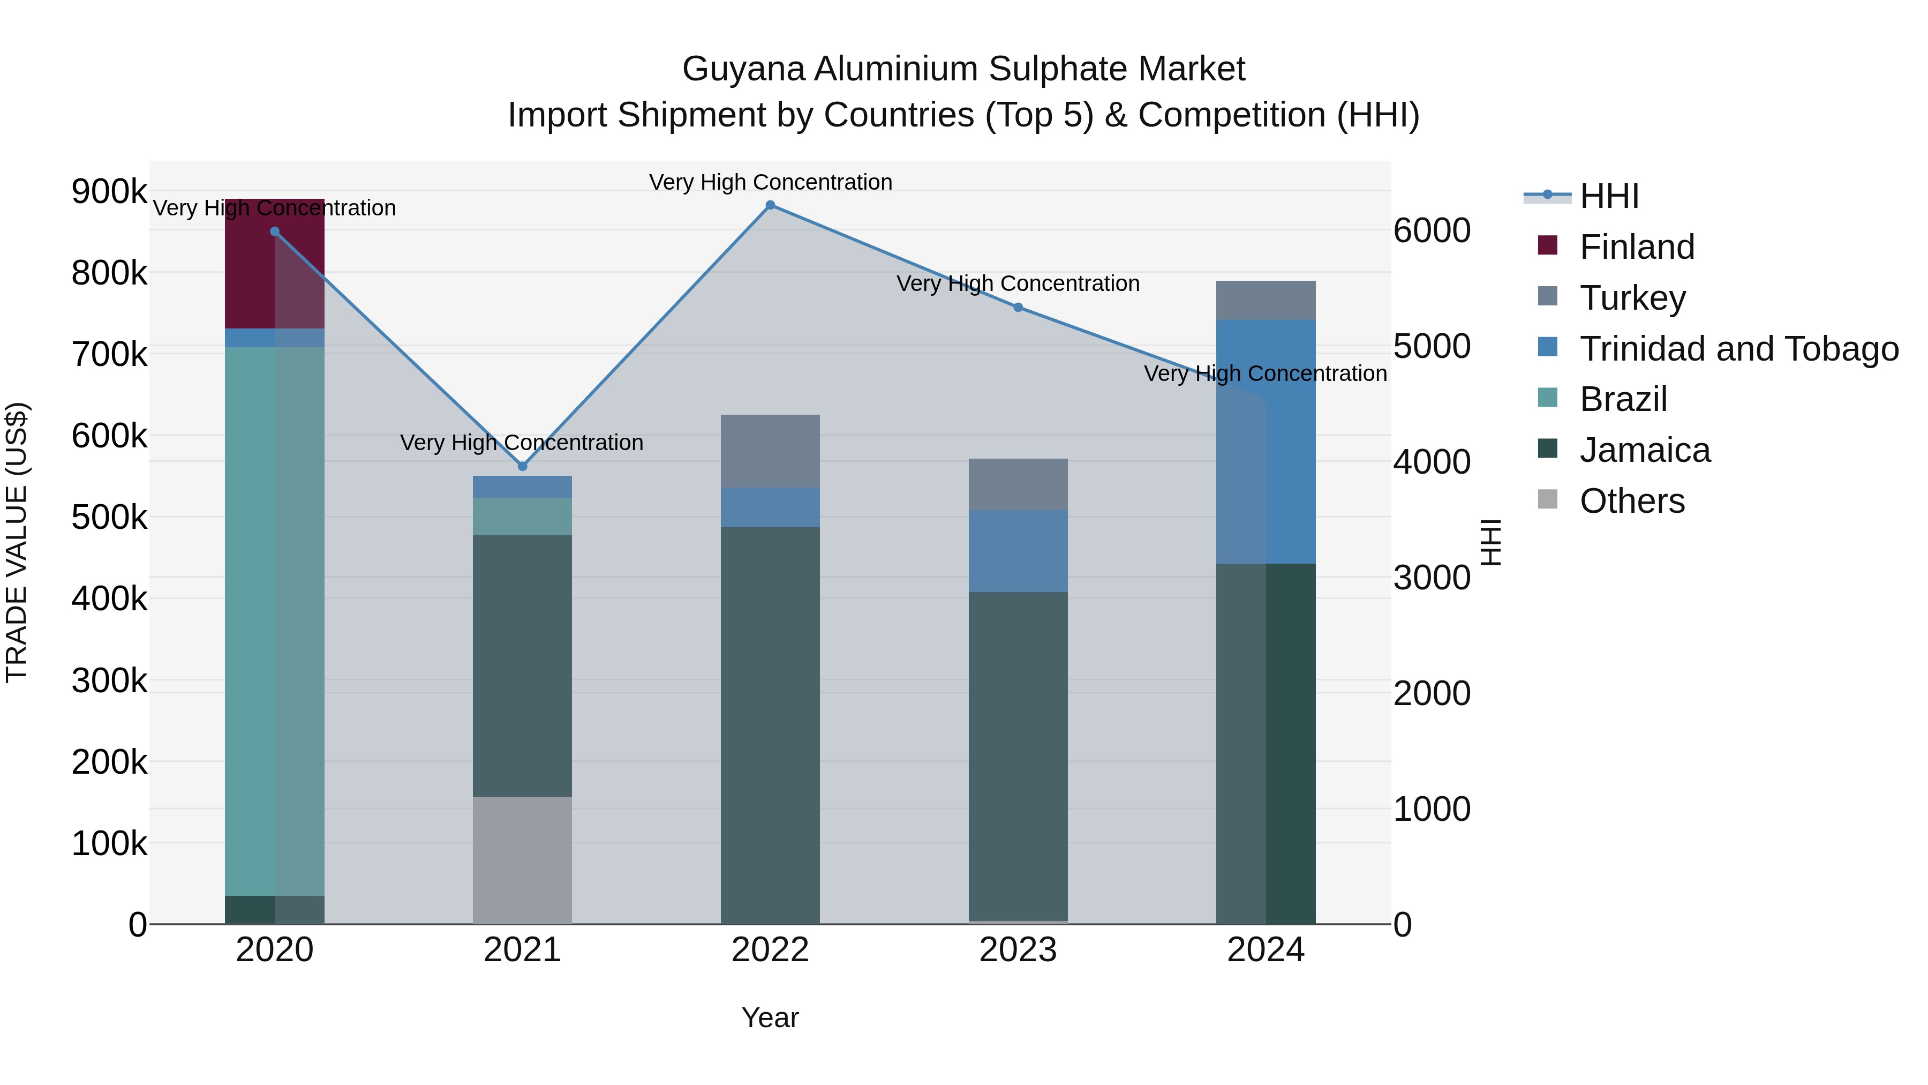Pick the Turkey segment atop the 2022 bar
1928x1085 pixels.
(x=770, y=451)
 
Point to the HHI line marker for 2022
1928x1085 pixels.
(x=770, y=205)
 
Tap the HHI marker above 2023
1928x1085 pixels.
(x=1018, y=308)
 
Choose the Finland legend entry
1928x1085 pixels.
(x=1636, y=247)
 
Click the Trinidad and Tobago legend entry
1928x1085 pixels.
(x=1738, y=349)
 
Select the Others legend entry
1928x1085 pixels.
(x=1632, y=501)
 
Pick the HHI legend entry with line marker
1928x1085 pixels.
(x=1609, y=196)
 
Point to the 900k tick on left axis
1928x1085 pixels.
(x=109, y=192)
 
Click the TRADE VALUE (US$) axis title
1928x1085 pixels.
(x=17, y=542)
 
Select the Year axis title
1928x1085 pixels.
(x=770, y=1017)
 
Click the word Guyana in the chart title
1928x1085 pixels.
(x=744, y=69)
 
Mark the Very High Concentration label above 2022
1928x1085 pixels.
(x=770, y=182)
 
